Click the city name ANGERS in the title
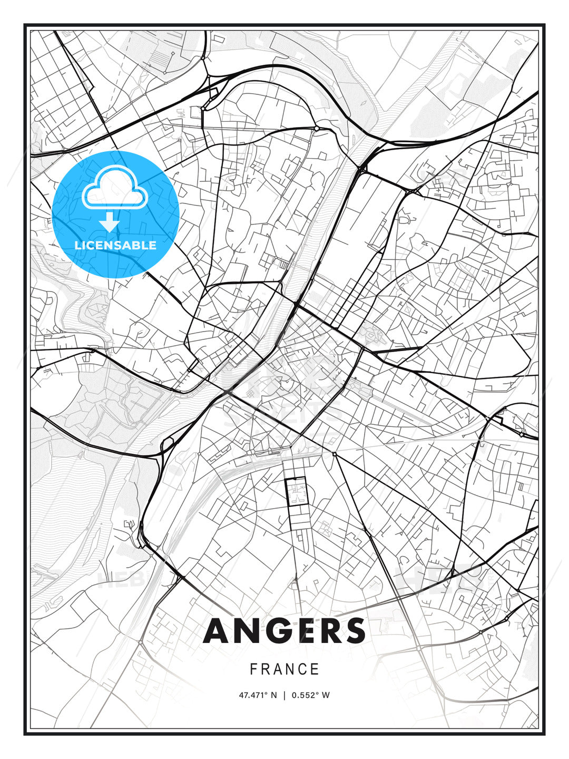coord(284,631)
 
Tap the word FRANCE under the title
coord(284,669)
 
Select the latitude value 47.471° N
coord(258,695)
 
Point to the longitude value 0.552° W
coord(311,695)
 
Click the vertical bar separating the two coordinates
coord(284,695)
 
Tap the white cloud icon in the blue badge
coord(114,188)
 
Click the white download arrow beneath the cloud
coord(110,222)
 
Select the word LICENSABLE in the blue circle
coord(115,245)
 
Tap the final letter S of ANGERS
coord(354,631)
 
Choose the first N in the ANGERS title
coord(244,631)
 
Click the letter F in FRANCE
coord(253,669)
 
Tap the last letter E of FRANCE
coord(316,669)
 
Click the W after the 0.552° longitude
coord(326,695)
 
